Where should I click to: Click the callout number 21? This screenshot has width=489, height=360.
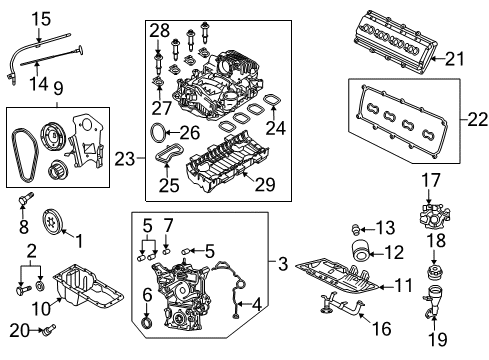(x=455, y=59)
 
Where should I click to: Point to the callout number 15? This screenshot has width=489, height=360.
(x=40, y=19)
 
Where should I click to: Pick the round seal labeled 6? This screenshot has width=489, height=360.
(x=148, y=323)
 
